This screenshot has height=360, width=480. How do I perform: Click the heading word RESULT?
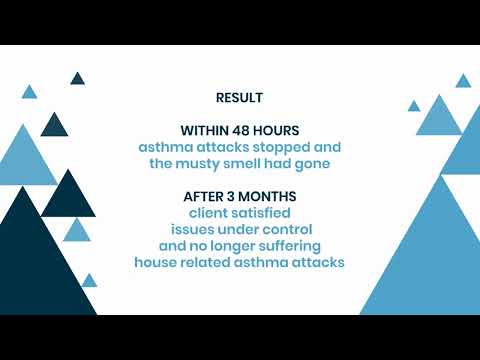click(x=240, y=98)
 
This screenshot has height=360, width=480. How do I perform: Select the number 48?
click(x=249, y=131)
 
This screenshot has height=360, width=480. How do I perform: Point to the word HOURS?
click(x=281, y=131)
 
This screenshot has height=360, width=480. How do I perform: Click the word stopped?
click(x=281, y=147)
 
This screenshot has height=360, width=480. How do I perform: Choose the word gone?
click(x=326, y=163)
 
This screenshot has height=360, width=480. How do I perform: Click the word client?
click(x=210, y=213)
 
